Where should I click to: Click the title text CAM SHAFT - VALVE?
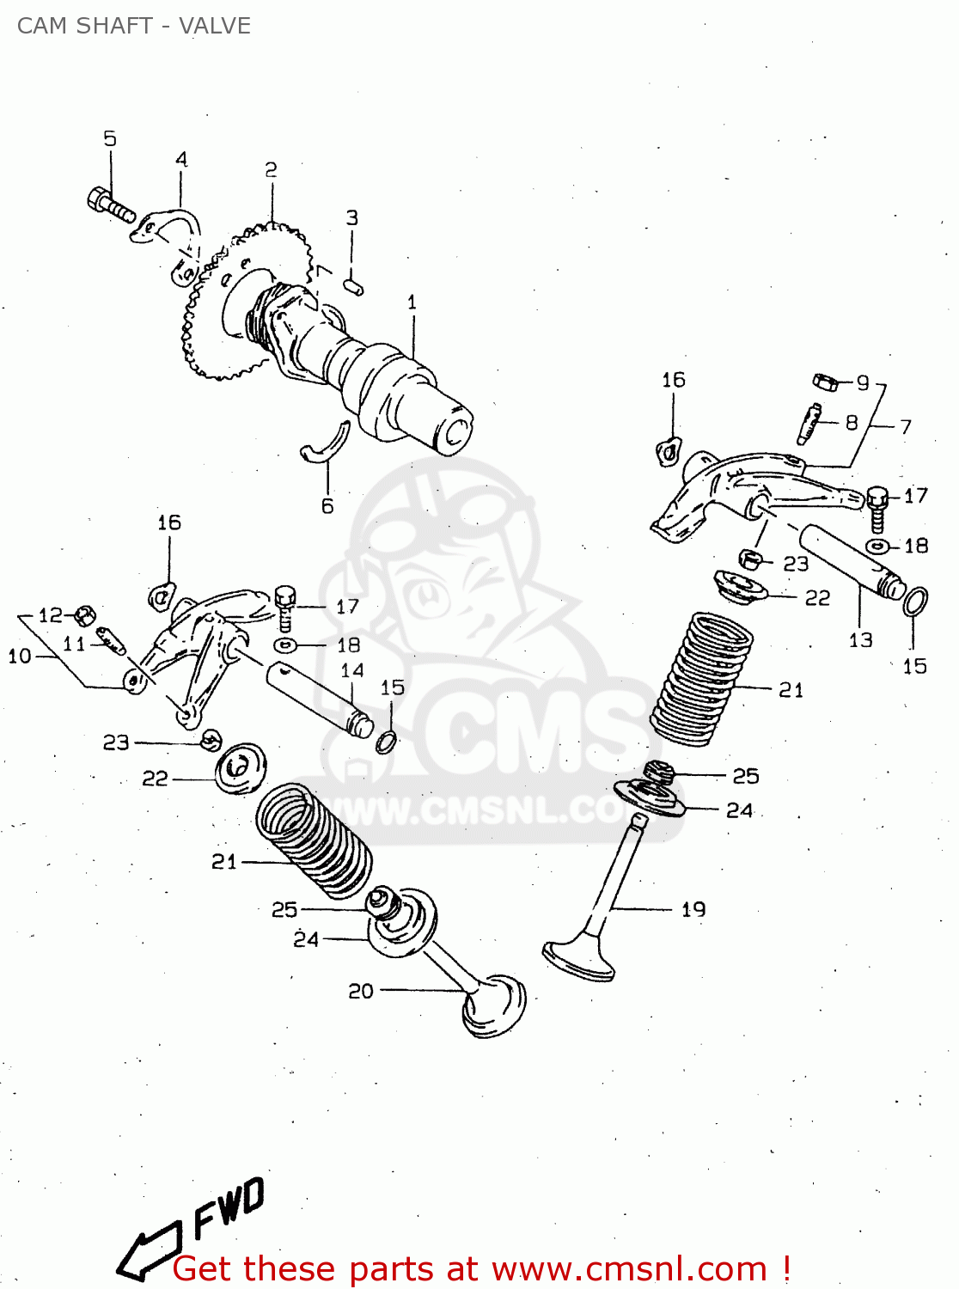(x=134, y=26)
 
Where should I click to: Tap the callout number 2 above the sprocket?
(x=271, y=170)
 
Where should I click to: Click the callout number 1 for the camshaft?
(x=412, y=302)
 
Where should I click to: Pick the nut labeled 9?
(x=826, y=381)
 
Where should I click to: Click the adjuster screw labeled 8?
(x=809, y=423)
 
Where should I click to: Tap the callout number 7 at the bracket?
(x=905, y=426)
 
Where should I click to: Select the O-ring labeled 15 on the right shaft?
(x=916, y=602)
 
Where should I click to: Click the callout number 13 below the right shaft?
(x=860, y=640)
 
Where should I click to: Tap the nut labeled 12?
(x=84, y=615)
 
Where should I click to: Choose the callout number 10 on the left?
(x=19, y=657)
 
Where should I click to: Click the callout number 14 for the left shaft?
(x=352, y=670)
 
